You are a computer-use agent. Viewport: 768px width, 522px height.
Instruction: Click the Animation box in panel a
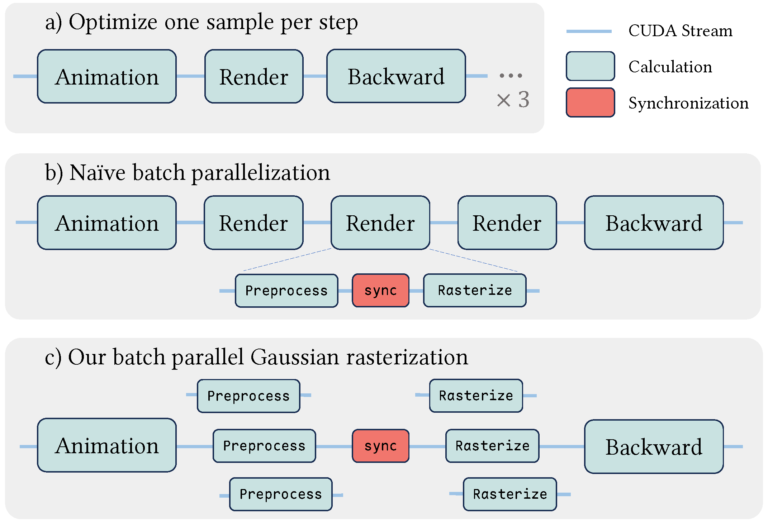[x=107, y=76]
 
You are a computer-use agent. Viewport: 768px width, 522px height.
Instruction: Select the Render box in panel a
[x=254, y=76]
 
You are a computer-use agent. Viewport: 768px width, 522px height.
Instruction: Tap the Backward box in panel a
[x=396, y=76]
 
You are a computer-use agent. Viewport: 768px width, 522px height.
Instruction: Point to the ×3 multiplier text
[x=513, y=100]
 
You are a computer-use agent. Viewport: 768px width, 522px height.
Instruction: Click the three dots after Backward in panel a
[x=511, y=76]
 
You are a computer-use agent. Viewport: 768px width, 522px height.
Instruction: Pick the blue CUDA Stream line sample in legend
[x=589, y=32]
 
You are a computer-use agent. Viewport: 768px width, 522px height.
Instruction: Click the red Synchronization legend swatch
[x=590, y=102]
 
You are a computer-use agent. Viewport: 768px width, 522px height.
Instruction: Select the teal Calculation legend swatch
[x=590, y=66]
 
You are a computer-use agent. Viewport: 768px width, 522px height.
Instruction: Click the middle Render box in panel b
[x=380, y=222]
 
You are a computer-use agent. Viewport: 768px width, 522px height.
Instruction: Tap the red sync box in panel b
[x=380, y=290]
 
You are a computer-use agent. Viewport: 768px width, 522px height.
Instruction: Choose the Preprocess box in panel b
[x=286, y=291]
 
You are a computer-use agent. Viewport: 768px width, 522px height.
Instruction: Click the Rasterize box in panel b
[x=475, y=290]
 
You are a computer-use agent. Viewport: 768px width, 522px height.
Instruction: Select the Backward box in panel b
[x=654, y=222]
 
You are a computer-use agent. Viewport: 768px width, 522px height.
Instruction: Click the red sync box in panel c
[x=380, y=446]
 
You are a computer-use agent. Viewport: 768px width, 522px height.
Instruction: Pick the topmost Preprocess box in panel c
[x=248, y=396]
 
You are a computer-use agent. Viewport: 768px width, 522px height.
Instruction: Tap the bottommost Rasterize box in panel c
[x=510, y=494]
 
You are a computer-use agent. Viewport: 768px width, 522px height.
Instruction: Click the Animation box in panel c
[x=107, y=445]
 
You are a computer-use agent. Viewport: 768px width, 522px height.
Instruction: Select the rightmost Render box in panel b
[x=507, y=222]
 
